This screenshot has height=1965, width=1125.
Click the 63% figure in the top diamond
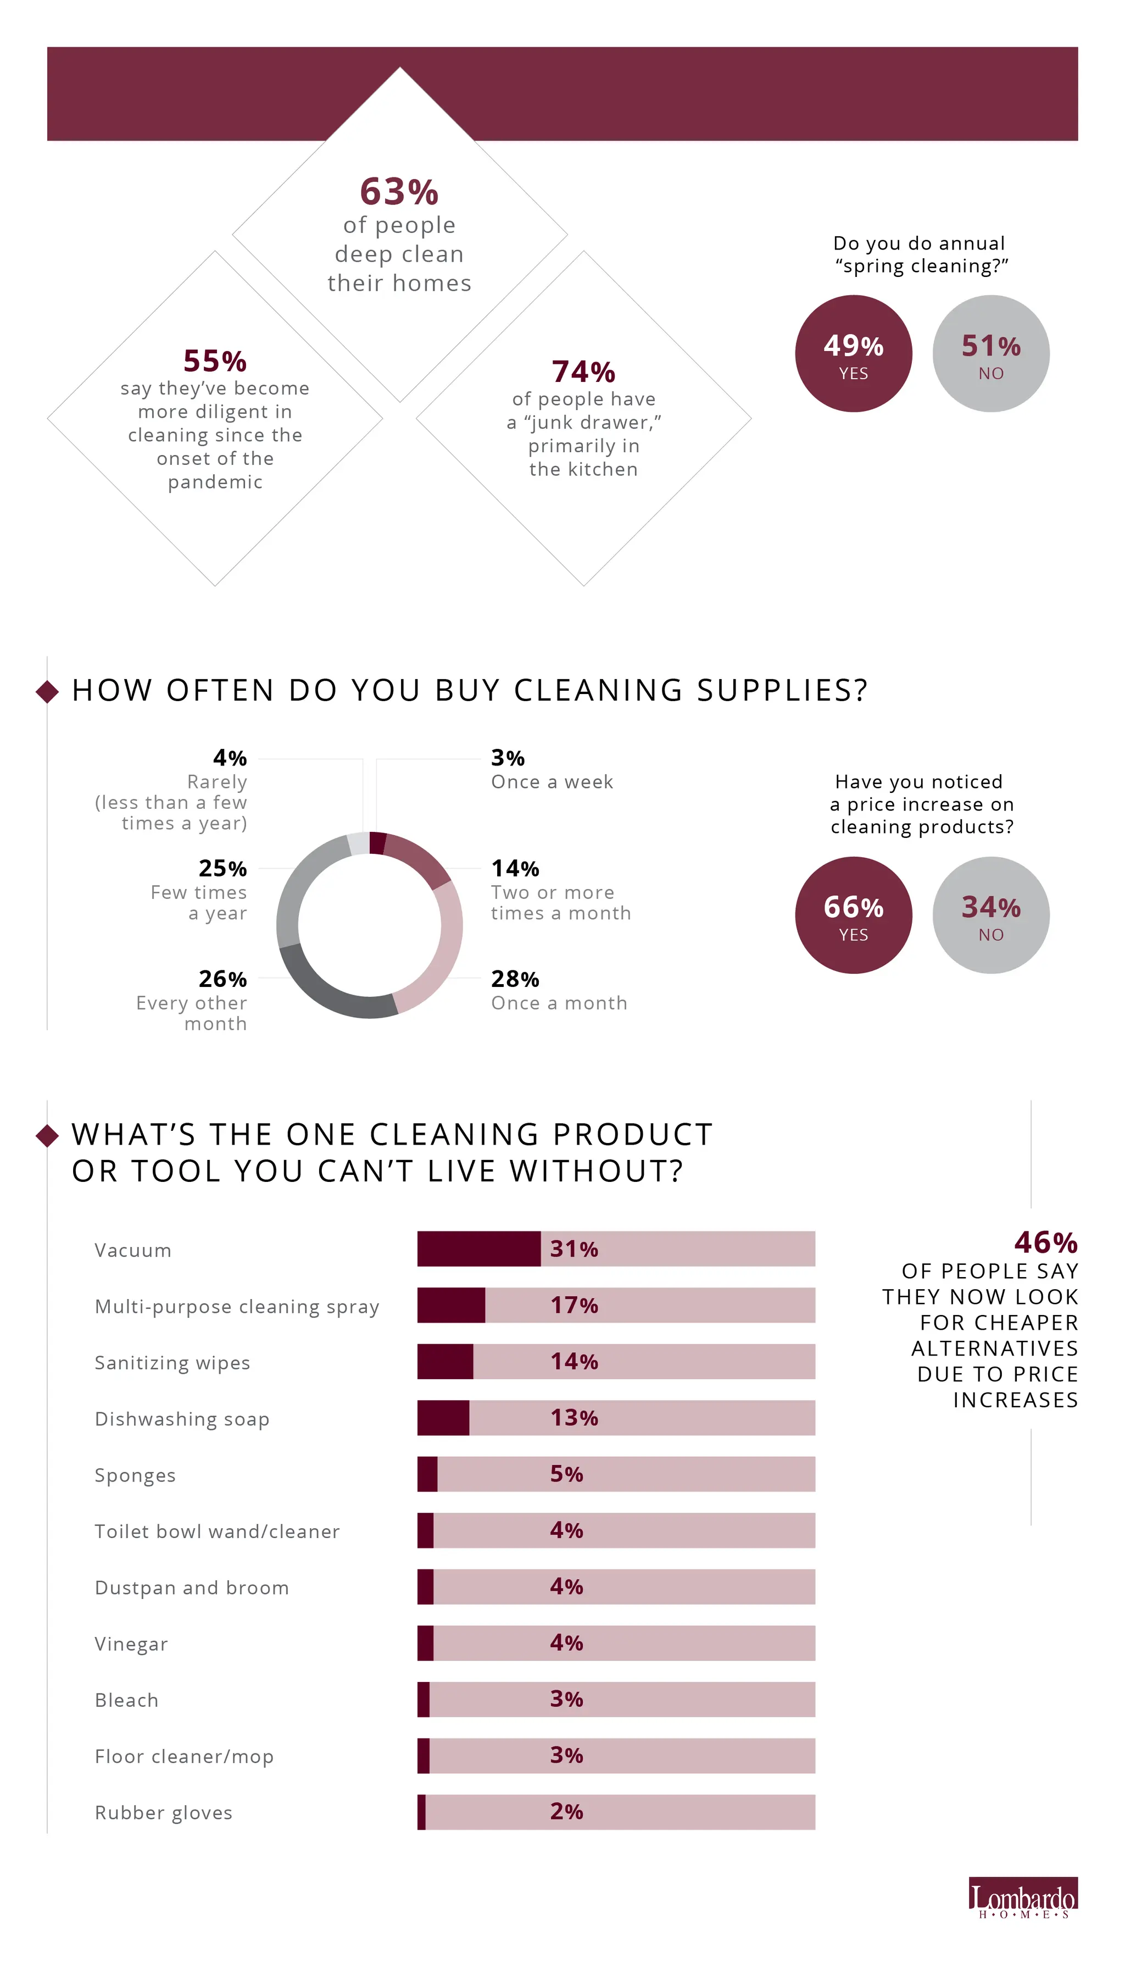click(399, 192)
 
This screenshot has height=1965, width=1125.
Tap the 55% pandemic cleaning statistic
click(215, 361)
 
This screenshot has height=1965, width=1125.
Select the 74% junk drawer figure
click(583, 371)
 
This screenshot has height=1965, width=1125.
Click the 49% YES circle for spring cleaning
click(853, 353)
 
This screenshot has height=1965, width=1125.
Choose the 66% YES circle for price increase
click(853, 915)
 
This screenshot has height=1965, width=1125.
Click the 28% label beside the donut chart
click(515, 979)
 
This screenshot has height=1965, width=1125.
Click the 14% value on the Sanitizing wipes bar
click(574, 1362)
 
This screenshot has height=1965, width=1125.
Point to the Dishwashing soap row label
click(182, 1419)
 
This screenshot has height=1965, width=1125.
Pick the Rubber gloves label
click(163, 1813)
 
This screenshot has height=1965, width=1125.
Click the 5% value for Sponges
click(566, 1474)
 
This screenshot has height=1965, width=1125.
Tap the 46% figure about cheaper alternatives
click(1045, 1242)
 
